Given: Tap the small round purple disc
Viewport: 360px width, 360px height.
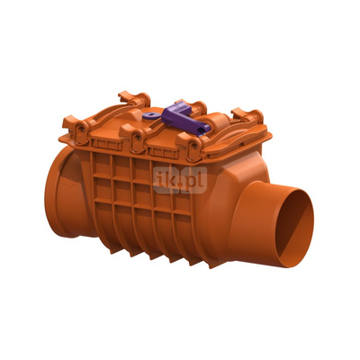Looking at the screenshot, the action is click(x=149, y=115).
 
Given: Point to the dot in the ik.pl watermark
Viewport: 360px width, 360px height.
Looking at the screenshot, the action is click(x=180, y=185).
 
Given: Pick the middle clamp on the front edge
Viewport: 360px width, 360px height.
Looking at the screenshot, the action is click(x=134, y=138).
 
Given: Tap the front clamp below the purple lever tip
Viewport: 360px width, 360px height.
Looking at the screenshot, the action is click(x=191, y=146).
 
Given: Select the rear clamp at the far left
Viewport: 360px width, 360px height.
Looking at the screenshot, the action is click(x=135, y=98).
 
